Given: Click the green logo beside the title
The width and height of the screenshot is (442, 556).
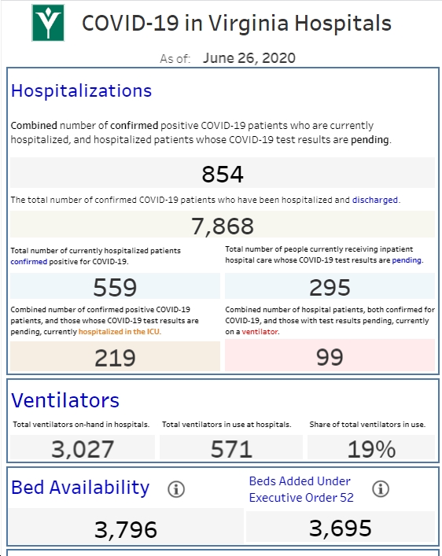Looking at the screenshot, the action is click(x=48, y=23).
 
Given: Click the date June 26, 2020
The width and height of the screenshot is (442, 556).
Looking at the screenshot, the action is click(x=249, y=58).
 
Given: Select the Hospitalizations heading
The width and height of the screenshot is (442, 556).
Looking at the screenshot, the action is click(x=81, y=90).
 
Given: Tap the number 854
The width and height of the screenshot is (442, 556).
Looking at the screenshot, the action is click(x=223, y=174).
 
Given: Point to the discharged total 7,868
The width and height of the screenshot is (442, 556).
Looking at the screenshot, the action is click(x=223, y=226).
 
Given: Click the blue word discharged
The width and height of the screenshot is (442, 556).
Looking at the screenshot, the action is click(x=375, y=200).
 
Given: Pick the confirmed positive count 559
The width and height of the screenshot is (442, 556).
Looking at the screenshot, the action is click(x=115, y=287).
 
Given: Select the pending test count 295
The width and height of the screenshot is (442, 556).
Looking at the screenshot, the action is click(x=330, y=287).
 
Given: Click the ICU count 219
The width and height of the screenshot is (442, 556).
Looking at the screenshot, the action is click(x=115, y=358).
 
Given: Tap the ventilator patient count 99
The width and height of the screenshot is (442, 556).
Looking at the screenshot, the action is click(x=330, y=357).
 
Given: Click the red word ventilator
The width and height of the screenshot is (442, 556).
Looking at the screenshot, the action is click(x=260, y=332).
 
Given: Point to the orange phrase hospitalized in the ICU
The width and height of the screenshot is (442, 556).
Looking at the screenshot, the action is click(x=119, y=332).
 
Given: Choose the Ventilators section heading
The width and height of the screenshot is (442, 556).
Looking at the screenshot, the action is click(x=65, y=400).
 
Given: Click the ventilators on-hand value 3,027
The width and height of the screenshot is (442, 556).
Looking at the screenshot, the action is click(x=83, y=448).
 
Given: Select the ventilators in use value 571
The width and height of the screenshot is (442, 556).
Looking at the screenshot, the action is click(x=231, y=449).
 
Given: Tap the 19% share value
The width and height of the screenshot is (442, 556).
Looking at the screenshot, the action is click(x=371, y=449).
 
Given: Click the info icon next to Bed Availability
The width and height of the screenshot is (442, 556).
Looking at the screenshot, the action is click(x=176, y=489).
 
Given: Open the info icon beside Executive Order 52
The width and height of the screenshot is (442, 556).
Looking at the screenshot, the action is click(x=381, y=489).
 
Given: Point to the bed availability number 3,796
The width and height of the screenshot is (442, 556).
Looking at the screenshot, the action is click(x=126, y=530).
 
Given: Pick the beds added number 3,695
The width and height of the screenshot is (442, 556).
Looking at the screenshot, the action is click(x=341, y=528).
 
